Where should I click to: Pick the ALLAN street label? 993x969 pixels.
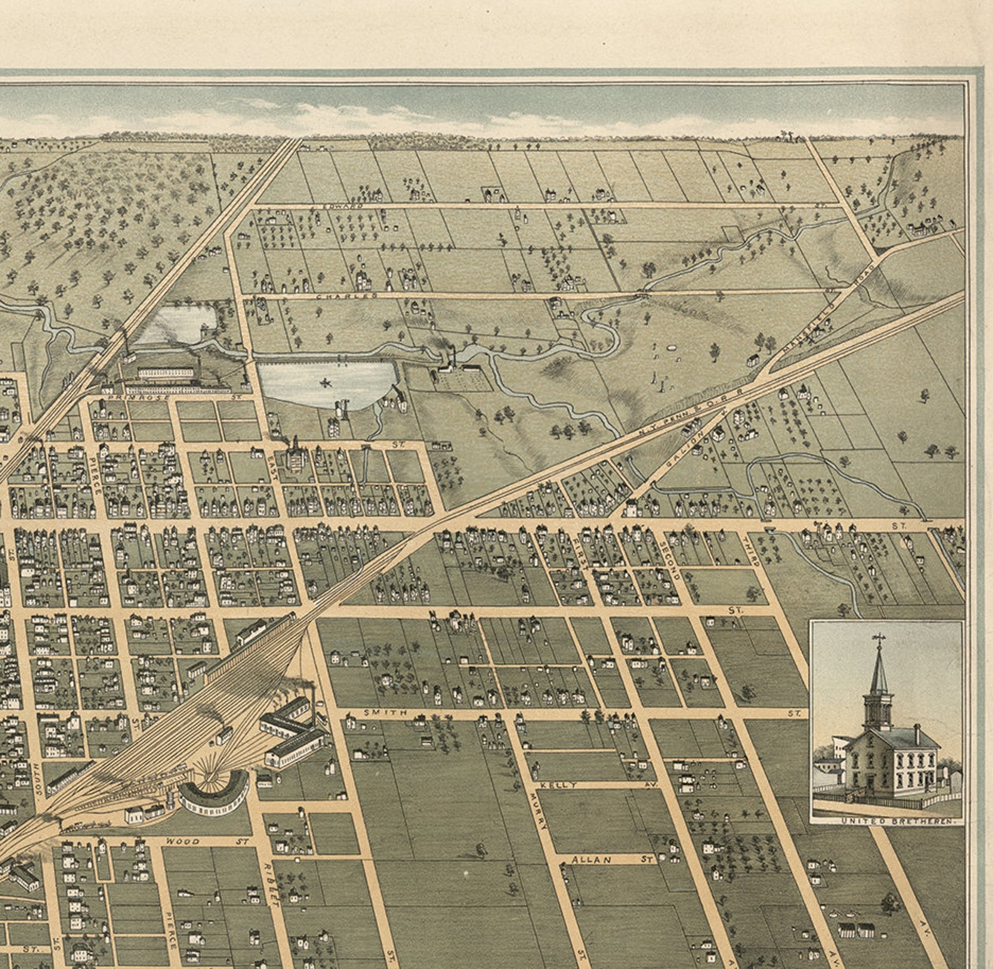(591, 860)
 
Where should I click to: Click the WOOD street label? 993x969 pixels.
(182, 842)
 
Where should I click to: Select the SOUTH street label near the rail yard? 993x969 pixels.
(38, 779)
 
